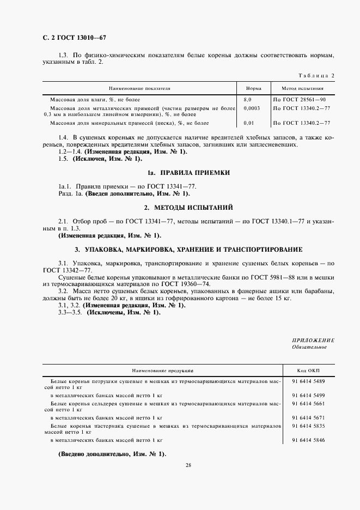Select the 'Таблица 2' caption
pyautogui.click(x=317, y=75)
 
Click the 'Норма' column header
pyautogui.click(x=253, y=88)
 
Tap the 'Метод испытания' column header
pyautogui.click(x=302, y=88)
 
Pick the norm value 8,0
pyautogui.click(x=248, y=100)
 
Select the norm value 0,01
pyautogui.click(x=249, y=123)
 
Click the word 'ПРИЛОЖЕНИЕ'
pyautogui.click(x=315, y=340)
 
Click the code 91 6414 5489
pyautogui.click(x=308, y=381)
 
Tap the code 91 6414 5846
pyautogui.click(x=308, y=439)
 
